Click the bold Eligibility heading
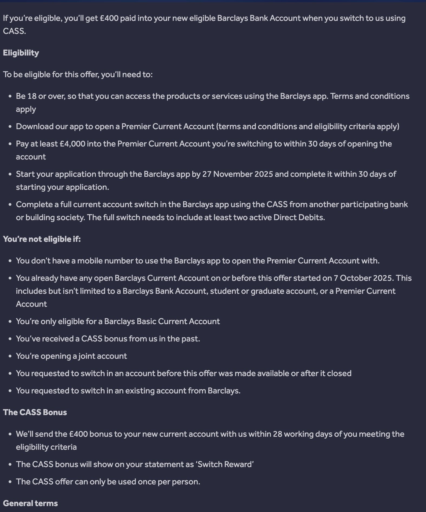click(x=21, y=53)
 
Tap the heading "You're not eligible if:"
click(x=42, y=239)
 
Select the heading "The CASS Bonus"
click(x=35, y=412)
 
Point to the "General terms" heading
click(x=30, y=503)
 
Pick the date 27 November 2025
click(x=237, y=174)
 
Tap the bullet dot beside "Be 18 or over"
click(x=10, y=96)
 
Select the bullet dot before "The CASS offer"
click(x=10, y=482)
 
